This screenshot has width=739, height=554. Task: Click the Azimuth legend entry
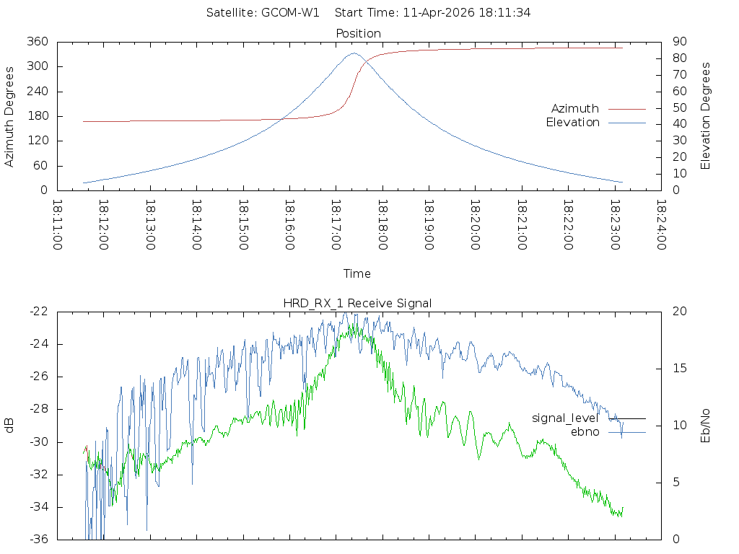(x=575, y=109)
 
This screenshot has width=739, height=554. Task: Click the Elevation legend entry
(x=572, y=123)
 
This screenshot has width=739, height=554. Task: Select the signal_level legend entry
(x=565, y=418)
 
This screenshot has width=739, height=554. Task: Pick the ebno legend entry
(x=585, y=432)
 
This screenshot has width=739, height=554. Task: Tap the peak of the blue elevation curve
(x=354, y=53)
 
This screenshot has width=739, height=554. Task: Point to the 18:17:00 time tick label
(x=336, y=225)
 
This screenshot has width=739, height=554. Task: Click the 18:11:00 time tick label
(x=58, y=225)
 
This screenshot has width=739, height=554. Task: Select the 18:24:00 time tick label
(x=661, y=225)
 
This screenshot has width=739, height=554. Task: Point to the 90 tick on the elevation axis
(x=678, y=42)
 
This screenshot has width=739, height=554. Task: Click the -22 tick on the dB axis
(x=38, y=312)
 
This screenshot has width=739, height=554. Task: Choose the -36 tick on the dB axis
(x=38, y=539)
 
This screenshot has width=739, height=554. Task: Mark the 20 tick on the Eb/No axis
(x=679, y=312)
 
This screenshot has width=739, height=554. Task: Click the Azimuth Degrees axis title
(x=9, y=116)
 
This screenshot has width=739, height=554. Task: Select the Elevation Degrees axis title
(x=707, y=116)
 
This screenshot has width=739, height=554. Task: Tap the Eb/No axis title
(x=707, y=425)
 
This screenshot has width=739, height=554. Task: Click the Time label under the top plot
(x=357, y=274)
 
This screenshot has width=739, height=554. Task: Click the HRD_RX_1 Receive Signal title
(x=357, y=304)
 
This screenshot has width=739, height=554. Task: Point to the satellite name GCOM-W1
(x=290, y=13)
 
